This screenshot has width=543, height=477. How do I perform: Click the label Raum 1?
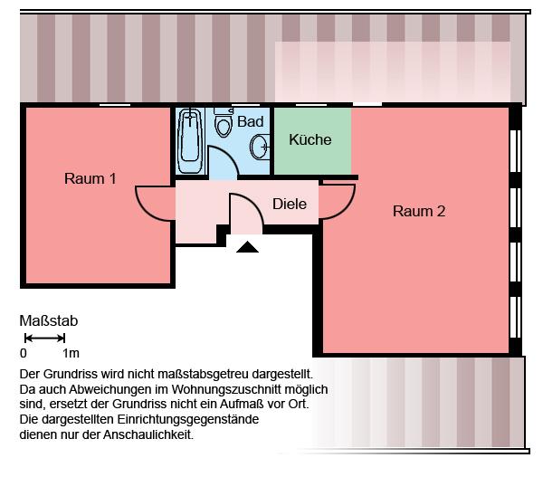(x=90, y=178)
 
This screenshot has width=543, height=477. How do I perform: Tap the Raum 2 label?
(x=419, y=212)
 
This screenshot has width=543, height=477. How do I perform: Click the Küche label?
(x=310, y=140)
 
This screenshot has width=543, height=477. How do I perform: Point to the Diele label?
(x=290, y=205)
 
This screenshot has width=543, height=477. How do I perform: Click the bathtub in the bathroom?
(x=190, y=140)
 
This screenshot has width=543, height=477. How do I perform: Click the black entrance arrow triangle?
(x=247, y=245)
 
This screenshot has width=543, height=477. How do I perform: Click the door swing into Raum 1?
(x=152, y=203)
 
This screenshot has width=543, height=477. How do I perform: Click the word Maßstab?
(x=49, y=320)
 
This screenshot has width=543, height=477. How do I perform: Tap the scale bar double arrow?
(x=43, y=338)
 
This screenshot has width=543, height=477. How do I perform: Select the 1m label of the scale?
(x=71, y=354)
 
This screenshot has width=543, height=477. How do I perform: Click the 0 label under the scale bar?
(x=24, y=354)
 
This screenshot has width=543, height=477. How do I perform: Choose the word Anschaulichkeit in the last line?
(x=151, y=435)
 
